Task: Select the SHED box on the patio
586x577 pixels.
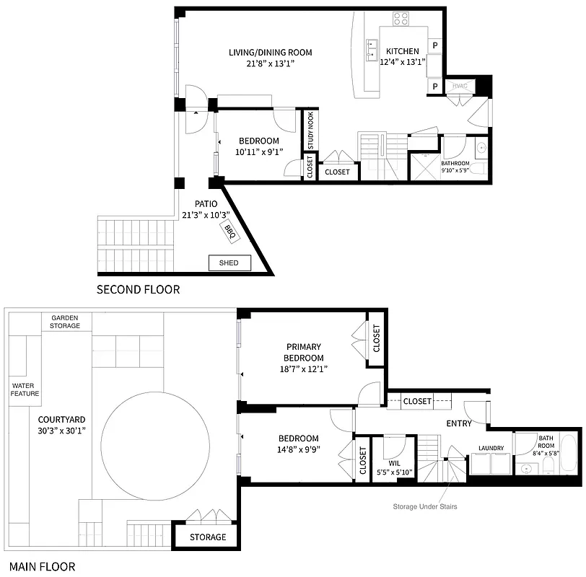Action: (229, 263)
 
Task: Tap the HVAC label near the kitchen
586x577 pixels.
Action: (460, 86)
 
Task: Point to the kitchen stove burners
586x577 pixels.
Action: (401, 19)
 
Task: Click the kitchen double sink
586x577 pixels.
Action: (373, 49)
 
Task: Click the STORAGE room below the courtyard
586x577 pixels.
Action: (208, 537)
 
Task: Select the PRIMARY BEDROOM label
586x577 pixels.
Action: (304, 352)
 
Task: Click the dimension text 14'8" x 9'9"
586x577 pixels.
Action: (299, 449)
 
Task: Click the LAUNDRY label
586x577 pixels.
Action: (491, 449)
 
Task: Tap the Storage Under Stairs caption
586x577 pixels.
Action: (424, 506)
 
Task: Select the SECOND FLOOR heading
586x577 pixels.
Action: (138, 290)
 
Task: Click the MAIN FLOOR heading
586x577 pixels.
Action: (39, 567)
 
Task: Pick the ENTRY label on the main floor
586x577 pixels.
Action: (458, 423)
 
